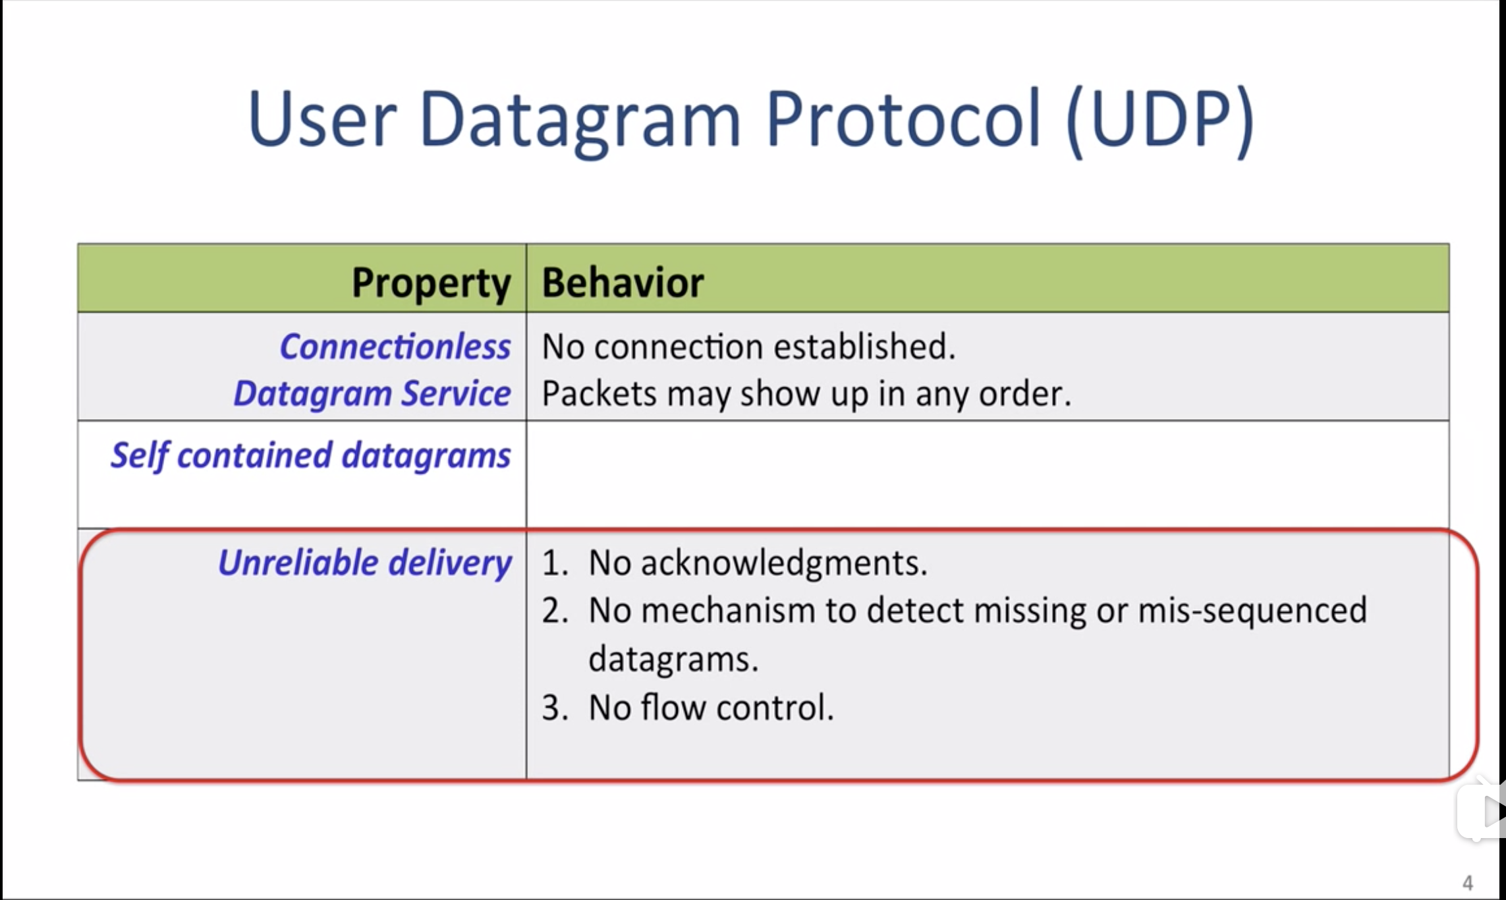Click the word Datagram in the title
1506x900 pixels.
pyautogui.click(x=580, y=122)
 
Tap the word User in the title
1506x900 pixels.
pyautogui.click(x=322, y=119)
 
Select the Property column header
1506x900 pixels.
pyautogui.click(x=431, y=283)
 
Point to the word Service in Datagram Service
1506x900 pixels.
pyautogui.click(x=456, y=393)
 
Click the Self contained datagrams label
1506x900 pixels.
pyautogui.click(x=310, y=455)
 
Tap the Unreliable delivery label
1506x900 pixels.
pyautogui.click(x=364, y=563)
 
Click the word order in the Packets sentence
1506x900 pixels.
pyautogui.click(x=1025, y=394)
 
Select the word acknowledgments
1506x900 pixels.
pyautogui.click(x=784, y=563)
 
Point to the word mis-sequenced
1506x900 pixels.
pyautogui.click(x=1252, y=611)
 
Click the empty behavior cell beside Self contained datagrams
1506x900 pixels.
pyautogui.click(x=988, y=474)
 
